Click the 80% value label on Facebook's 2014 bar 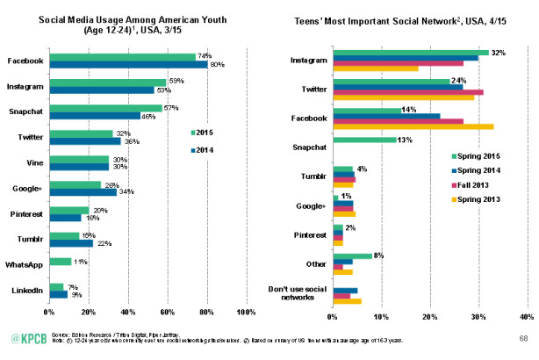216,64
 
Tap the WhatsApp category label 27,261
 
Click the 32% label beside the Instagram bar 498,52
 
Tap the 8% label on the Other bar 379,255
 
